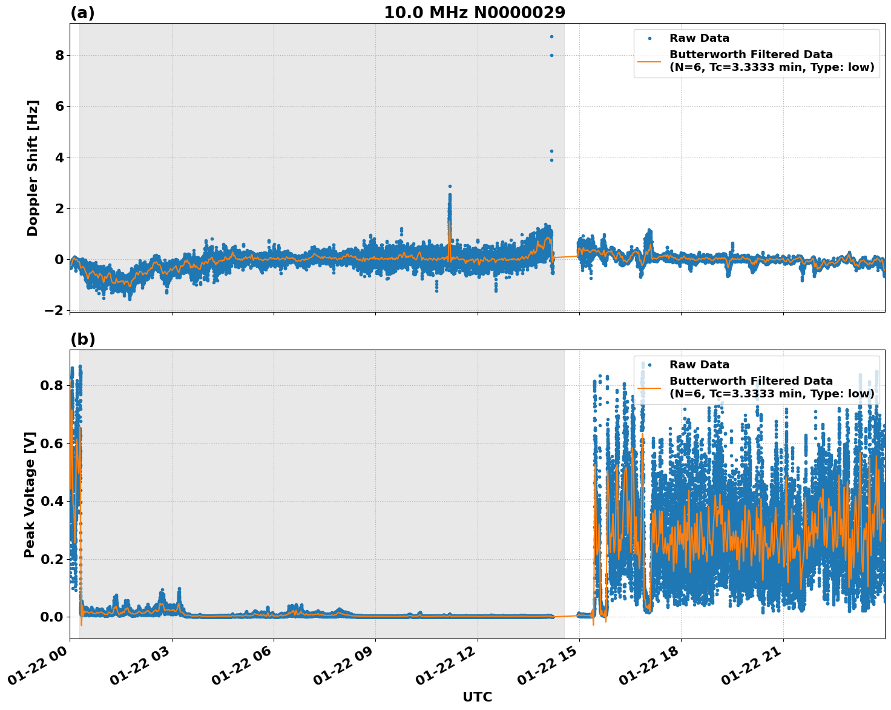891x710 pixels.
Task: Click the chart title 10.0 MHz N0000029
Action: [475, 13]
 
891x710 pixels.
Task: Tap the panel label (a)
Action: [82, 13]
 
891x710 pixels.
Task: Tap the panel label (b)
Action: [82, 339]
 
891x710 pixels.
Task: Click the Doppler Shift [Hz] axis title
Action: [33, 168]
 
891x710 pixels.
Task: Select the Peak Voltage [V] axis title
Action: [30, 494]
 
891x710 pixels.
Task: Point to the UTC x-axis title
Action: [477, 697]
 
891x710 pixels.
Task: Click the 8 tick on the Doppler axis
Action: [60, 55]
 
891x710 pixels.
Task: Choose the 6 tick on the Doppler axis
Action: [60, 106]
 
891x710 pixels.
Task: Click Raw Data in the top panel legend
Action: [699, 38]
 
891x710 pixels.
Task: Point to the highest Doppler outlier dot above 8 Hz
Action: [551, 36]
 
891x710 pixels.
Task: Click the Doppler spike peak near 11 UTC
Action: [450, 187]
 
